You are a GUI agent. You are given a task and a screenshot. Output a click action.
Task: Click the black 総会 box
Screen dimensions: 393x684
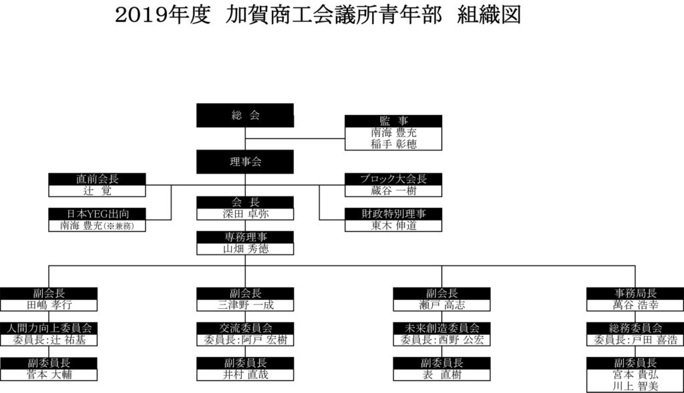tap(245, 115)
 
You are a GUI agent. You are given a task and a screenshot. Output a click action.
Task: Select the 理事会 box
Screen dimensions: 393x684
tap(245, 162)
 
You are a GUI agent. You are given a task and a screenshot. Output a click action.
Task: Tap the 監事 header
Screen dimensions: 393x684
tap(393, 121)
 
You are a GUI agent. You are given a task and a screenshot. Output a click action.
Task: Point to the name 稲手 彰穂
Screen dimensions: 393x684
tap(393, 144)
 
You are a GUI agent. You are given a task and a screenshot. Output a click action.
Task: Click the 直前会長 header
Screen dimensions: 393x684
tap(98, 178)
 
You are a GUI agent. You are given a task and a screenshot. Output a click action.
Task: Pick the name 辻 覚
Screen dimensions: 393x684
tap(98, 190)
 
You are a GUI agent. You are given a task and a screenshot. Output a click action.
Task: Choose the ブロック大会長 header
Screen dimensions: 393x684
tap(393, 178)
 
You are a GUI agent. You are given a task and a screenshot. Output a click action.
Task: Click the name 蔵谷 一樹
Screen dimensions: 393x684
tap(393, 190)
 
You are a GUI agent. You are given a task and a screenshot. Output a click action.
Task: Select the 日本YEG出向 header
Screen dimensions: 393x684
tap(98, 214)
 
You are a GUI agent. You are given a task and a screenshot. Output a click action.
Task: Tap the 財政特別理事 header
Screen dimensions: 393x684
tap(393, 214)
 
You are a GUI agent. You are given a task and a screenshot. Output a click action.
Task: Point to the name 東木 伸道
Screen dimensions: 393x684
tap(393, 226)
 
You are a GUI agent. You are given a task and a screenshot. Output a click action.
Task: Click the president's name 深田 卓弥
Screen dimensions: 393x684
tap(245, 214)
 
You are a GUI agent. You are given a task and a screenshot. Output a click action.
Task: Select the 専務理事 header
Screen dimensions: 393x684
tap(245, 237)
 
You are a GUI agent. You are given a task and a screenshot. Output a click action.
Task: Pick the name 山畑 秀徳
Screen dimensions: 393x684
tap(245, 249)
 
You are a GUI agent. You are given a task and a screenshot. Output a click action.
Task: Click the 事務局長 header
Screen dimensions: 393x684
tap(635, 293)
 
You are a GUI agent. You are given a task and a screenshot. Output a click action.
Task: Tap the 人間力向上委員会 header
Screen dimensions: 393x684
tap(49, 328)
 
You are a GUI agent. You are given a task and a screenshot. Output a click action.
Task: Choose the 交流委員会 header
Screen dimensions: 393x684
tap(245, 328)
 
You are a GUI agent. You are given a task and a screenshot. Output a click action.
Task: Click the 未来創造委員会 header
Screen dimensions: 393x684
tap(442, 328)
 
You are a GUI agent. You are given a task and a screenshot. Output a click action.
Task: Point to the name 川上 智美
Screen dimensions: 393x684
tap(635, 386)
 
